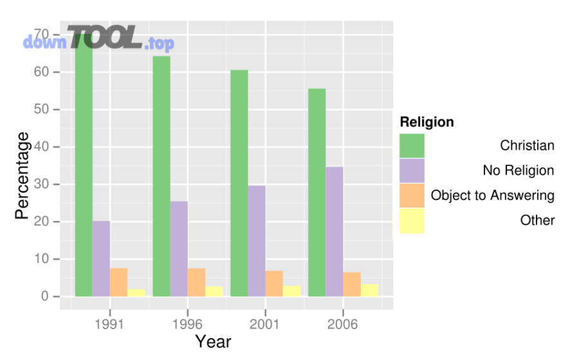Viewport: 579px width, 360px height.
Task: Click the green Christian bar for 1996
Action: click(x=161, y=176)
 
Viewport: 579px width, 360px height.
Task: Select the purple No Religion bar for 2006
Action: click(x=335, y=231)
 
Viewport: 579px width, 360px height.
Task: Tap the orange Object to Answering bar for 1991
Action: click(x=118, y=282)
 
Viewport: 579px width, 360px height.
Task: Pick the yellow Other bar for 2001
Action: click(x=291, y=291)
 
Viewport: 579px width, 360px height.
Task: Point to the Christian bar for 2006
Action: click(x=317, y=192)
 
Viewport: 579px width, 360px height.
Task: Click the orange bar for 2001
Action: click(x=274, y=283)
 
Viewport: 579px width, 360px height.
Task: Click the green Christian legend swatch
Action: click(x=412, y=145)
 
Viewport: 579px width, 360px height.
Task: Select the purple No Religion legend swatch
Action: click(x=412, y=170)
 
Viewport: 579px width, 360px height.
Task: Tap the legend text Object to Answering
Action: click(x=492, y=195)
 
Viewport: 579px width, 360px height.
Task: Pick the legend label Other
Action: click(x=537, y=221)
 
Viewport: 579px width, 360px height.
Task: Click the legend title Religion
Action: click(x=427, y=122)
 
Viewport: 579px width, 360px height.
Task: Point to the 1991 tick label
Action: click(x=109, y=323)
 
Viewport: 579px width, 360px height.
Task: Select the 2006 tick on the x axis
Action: click(x=343, y=323)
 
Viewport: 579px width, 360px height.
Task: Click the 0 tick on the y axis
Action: click(x=46, y=296)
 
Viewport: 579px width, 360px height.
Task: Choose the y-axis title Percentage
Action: click(x=23, y=175)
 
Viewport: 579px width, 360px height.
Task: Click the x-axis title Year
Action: click(x=213, y=341)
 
